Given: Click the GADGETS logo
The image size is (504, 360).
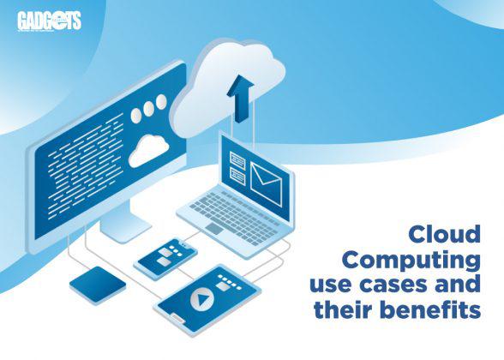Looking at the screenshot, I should click(49, 21).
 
